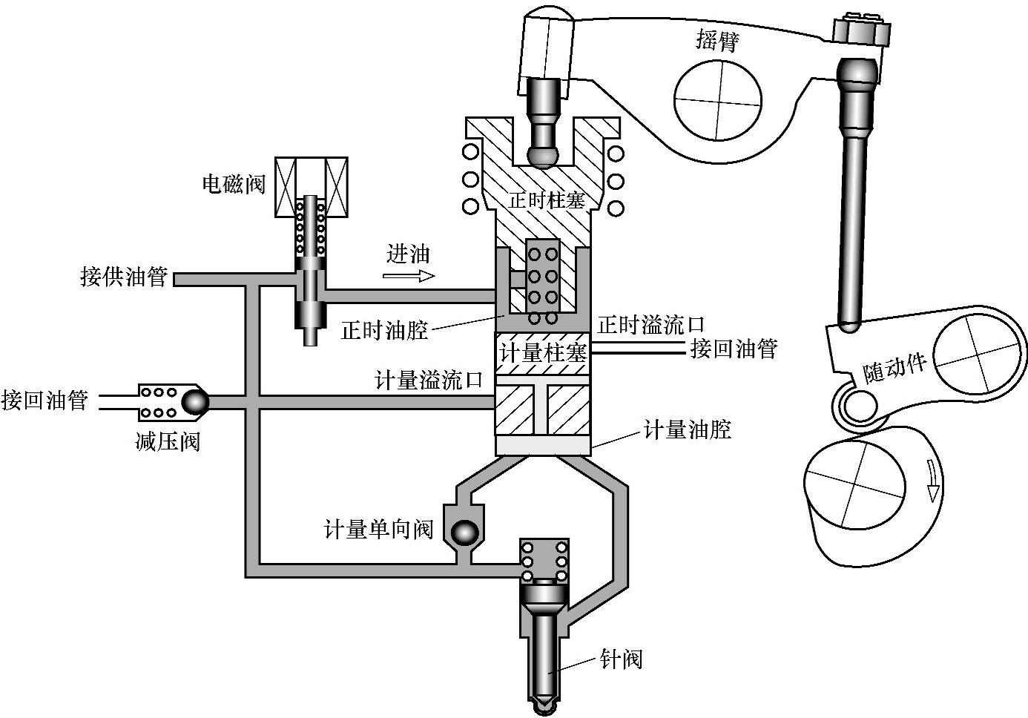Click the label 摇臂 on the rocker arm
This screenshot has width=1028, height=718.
tap(717, 41)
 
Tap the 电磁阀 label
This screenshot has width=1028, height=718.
tap(234, 183)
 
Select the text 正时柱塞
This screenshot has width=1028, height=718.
tap(547, 200)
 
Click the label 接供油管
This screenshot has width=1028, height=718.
tap(123, 277)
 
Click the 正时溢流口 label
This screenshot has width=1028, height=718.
tap(651, 324)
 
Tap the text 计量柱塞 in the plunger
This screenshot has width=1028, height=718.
tap(543, 352)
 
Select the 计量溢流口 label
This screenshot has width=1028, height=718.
tap(429, 381)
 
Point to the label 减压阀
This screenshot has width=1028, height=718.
tap(167, 442)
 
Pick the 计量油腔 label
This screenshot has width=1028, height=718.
tap(687, 429)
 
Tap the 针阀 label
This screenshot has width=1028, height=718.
tap(621, 659)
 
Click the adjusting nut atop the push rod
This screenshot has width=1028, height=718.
tap(860, 33)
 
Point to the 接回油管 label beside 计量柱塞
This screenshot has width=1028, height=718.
tap(734, 349)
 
